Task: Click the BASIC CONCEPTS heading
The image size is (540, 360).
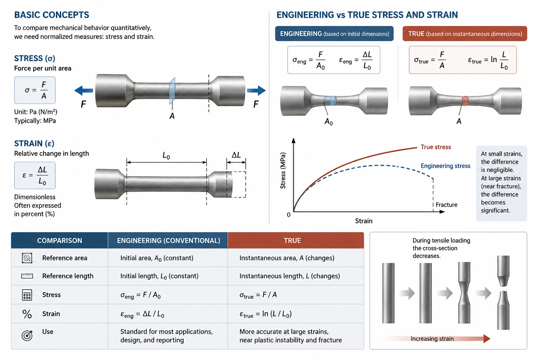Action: point(52,15)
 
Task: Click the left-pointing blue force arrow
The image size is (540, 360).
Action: point(83,91)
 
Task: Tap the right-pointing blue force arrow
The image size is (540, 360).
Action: point(256,91)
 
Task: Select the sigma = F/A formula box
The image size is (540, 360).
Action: point(35,90)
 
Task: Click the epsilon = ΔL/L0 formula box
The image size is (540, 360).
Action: point(35,175)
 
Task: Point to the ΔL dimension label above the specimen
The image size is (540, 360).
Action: point(236,155)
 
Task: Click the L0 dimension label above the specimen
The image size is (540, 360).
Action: point(166,155)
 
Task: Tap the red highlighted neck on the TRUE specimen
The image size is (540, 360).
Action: point(465,101)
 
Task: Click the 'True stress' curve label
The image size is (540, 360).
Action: point(436,147)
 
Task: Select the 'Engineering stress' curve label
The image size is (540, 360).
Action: point(445,166)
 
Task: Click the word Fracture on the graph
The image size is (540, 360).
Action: point(446,205)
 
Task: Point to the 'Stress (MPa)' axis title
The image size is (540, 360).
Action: point(283,171)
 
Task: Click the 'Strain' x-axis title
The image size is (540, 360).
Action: point(364,221)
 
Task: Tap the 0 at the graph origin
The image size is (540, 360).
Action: point(289,215)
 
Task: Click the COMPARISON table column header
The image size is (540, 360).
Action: point(59,240)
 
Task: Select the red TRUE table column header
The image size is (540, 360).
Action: point(296,240)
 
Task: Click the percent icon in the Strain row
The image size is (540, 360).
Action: point(27,314)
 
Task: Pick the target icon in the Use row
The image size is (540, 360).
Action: point(27,335)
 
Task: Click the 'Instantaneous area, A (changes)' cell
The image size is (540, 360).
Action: point(287,258)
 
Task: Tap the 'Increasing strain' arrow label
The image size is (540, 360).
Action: point(432,339)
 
